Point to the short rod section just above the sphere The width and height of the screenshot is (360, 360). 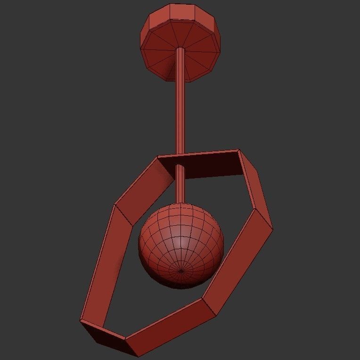coord(180,186)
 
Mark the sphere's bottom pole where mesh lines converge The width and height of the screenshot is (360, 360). coord(182,271)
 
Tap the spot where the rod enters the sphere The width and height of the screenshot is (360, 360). coord(180,204)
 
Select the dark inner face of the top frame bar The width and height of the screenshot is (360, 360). coord(207,165)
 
